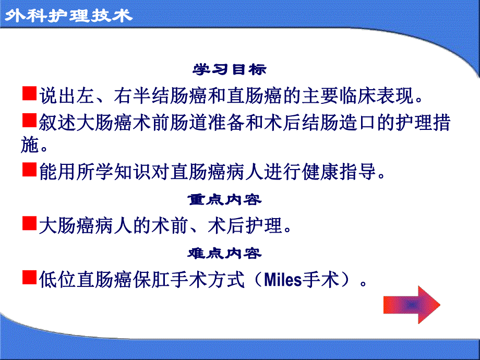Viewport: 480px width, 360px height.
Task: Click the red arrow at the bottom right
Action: point(412,304)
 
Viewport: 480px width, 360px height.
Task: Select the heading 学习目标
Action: point(230,69)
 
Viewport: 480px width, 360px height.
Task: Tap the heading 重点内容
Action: point(224,199)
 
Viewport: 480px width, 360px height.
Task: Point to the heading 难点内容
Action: point(224,254)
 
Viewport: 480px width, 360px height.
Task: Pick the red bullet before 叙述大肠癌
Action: point(30,122)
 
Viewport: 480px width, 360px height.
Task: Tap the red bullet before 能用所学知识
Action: point(30,169)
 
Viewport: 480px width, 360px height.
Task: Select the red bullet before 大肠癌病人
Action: point(30,224)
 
